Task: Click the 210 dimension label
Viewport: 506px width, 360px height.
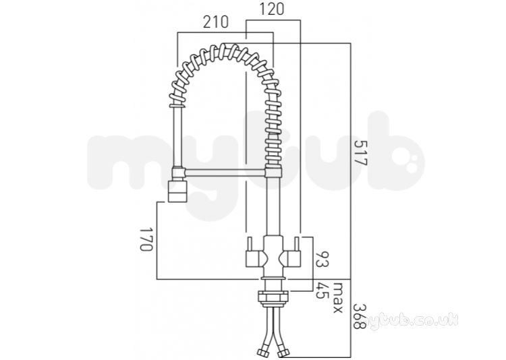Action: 216,22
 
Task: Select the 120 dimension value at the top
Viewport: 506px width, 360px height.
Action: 272,9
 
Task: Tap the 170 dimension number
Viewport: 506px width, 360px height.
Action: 146,239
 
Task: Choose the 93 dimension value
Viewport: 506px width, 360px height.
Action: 322,260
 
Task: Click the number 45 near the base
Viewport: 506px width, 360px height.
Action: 322,291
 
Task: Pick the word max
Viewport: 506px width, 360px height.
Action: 337,297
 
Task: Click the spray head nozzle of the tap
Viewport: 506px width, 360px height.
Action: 177,191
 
